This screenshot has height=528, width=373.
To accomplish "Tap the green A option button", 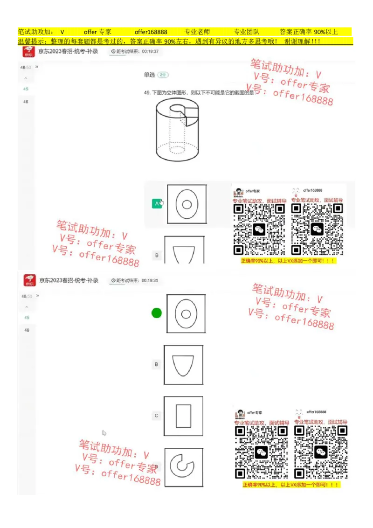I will click(x=157, y=203).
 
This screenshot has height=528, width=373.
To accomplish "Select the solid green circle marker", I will click(x=157, y=313).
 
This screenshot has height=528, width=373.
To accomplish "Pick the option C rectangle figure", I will click(x=183, y=416).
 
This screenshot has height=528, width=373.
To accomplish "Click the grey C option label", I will click(x=157, y=416).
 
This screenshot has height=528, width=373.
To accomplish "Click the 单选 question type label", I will click(x=149, y=75).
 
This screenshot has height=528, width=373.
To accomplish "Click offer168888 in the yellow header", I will click(x=151, y=32).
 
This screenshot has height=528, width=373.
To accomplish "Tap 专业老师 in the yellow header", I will click(x=197, y=32).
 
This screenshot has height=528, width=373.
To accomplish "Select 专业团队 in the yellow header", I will click(x=246, y=32).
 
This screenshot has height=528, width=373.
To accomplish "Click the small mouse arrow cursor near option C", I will click(x=104, y=433).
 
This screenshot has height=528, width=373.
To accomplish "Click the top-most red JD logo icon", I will click(x=29, y=51).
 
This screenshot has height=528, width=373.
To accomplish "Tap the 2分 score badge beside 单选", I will click(x=163, y=75).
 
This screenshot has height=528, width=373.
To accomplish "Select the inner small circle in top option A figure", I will click(x=187, y=204).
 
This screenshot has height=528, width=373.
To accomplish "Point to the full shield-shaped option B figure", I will click(x=183, y=364).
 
